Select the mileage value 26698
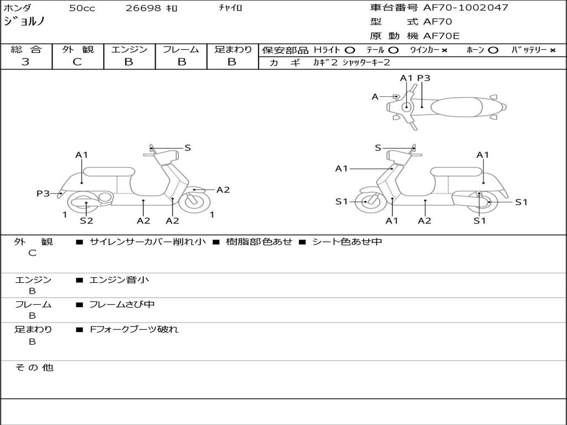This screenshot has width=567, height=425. pos(143,8)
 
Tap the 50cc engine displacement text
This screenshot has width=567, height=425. pos(81,8)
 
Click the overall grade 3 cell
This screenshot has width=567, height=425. pos(25,62)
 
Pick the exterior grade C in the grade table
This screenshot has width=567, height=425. pos(77,62)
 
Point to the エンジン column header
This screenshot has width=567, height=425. pos(129,50)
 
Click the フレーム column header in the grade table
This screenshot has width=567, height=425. pos(181,50)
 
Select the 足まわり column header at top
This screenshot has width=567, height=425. pos(233,50)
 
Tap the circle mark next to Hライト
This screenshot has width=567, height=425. pos(349,50)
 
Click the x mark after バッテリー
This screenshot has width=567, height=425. pos(552,50)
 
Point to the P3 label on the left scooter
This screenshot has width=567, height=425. pos(43,193)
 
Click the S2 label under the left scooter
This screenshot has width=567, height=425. pos(86,221)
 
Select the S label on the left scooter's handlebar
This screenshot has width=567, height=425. pos(188,148)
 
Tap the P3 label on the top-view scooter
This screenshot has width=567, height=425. pos(424,78)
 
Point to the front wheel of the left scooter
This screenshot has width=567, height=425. pos(195,201)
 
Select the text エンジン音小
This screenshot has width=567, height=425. pos(118,280)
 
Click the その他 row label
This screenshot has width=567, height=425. pos(34,367)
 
